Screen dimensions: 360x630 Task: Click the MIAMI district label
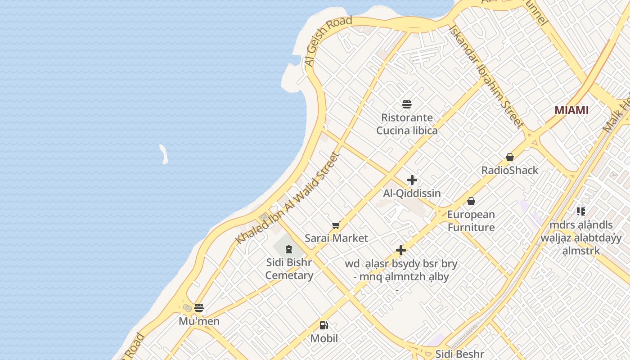571,110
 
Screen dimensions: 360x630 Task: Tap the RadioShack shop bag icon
510,157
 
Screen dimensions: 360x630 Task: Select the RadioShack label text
510,170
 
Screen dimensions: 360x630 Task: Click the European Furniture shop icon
471,201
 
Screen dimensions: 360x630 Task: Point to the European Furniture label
471,221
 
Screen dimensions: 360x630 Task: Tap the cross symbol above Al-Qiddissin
412,180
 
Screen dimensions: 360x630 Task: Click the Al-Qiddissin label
412,193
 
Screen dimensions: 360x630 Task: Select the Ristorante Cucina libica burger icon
407,105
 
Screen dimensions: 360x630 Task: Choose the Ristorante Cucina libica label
407,124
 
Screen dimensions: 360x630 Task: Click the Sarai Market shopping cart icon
336,225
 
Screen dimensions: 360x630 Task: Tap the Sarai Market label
336,238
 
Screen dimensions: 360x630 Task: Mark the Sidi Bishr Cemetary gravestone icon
289,249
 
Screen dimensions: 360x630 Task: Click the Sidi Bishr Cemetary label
289,269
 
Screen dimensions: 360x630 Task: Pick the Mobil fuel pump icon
324,325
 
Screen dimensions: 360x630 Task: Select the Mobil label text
324,338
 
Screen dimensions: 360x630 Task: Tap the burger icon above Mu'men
199,308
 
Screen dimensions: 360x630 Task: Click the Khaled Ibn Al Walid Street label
288,198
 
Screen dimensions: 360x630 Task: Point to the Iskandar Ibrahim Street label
486,76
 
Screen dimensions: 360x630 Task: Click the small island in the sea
164,153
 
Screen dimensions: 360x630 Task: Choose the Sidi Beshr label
459,354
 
